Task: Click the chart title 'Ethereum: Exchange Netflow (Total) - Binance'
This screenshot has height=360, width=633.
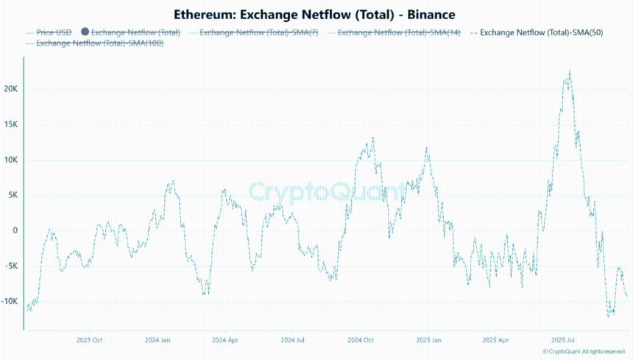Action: point(315,14)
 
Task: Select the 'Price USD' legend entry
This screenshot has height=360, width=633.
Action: point(54,32)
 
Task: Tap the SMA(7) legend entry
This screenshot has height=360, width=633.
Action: point(258,32)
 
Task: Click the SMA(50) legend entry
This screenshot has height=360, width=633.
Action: point(541,32)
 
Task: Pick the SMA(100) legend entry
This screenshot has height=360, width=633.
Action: point(99,43)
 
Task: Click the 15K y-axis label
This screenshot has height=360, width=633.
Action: point(11,124)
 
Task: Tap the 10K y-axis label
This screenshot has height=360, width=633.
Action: point(11,160)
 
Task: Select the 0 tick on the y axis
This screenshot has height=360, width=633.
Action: point(14,230)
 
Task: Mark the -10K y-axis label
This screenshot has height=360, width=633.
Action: point(10,301)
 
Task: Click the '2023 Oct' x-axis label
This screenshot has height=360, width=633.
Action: point(89,340)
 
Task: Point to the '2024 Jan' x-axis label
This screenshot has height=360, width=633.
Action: point(158,340)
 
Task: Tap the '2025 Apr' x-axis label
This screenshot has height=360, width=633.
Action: point(495,340)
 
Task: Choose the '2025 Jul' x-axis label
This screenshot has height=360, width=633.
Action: point(564,340)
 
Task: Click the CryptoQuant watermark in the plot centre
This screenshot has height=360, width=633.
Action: point(326,192)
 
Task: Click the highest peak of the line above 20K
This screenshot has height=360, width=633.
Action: point(569,71)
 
